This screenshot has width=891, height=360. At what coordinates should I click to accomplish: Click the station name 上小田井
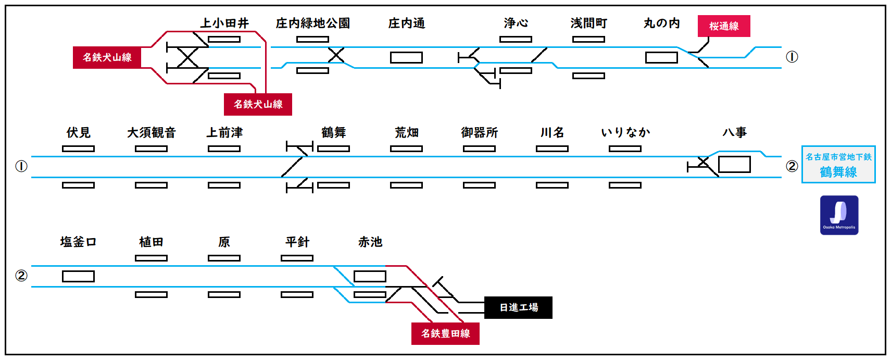pos(224,23)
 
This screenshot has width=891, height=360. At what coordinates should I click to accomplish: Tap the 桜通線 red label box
pos(724,26)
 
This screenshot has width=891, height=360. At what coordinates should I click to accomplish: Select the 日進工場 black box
pos(518,307)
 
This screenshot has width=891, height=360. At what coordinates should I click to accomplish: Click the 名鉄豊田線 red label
pos(445,333)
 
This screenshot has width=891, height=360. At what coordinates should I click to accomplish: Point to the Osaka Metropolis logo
pos(839,215)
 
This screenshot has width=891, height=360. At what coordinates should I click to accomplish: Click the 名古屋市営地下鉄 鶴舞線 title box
pos(838,165)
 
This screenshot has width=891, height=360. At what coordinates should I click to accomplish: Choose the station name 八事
pos(734,132)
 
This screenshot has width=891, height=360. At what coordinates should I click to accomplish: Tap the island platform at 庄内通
pos(406,57)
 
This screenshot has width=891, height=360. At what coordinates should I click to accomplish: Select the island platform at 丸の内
pos(661,57)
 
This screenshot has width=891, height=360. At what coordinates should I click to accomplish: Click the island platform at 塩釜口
pos(78,276)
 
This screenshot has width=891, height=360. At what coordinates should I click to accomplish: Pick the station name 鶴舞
pos(334,132)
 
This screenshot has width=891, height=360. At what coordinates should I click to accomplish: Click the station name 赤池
pos(370,242)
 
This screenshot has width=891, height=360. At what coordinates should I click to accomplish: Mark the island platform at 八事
pos(734,165)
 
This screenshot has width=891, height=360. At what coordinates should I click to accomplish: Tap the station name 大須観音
pos(152,132)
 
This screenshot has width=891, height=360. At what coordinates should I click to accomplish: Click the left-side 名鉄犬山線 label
pos(107,57)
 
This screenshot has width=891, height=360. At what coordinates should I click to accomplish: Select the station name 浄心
pos(516,23)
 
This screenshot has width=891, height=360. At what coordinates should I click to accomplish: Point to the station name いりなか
pos(625,132)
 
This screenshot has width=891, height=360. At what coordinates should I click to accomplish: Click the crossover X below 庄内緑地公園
pos(336,55)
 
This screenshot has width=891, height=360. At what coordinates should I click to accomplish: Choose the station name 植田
pos(152,242)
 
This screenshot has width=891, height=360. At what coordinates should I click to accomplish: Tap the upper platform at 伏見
pos(78,148)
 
